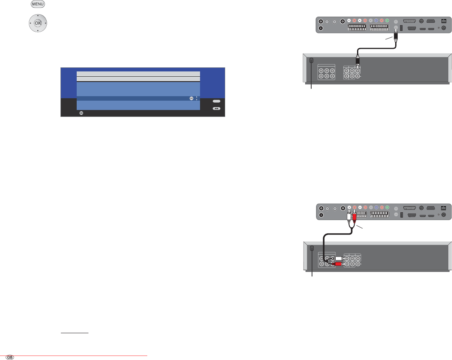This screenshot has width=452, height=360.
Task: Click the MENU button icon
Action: pos(37,4)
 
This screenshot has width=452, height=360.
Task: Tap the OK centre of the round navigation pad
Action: pos(38,23)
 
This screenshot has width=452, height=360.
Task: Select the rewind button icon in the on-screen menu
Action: pos(217,109)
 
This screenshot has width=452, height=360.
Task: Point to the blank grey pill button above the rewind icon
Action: pos(217,101)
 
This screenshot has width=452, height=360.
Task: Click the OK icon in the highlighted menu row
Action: pos(192,98)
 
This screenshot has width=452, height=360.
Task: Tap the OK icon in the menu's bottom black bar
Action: pos(81,113)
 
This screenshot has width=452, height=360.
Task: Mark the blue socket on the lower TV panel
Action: pos(376,206)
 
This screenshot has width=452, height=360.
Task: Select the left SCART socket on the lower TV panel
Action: pos(357,213)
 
